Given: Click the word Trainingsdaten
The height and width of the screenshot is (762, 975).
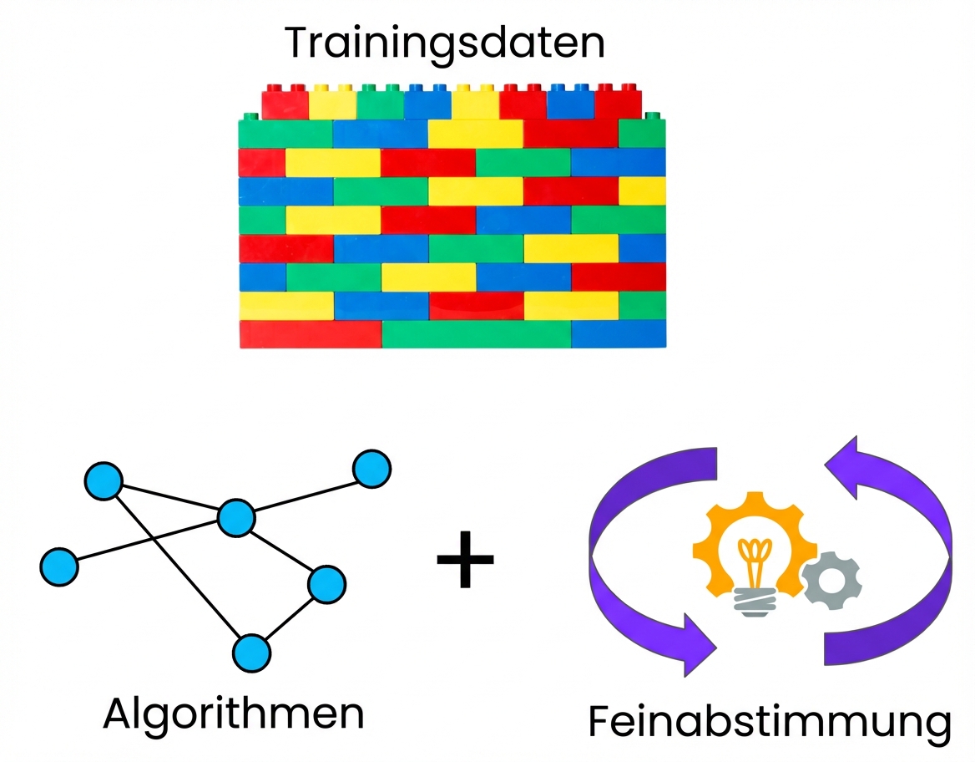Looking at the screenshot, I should [445, 43].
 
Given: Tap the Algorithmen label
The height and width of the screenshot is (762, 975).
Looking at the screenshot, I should [234, 714].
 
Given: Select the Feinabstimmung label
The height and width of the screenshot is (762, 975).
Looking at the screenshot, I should [769, 722].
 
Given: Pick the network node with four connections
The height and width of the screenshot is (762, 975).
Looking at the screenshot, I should [235, 518].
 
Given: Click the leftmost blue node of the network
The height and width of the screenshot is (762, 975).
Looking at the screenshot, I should [58, 566].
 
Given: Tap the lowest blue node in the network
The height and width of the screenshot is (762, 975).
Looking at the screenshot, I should [251, 653].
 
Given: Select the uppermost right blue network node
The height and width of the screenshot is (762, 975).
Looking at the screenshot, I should [371, 468].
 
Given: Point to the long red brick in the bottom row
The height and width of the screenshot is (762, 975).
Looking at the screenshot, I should [311, 333].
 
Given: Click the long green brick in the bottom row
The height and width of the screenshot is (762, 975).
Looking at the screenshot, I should [476, 333].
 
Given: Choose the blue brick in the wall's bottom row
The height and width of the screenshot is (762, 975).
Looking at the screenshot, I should [618, 333].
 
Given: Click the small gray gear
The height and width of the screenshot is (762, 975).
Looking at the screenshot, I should [831, 578].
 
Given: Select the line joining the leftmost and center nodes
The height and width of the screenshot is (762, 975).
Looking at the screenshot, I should [146, 542].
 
